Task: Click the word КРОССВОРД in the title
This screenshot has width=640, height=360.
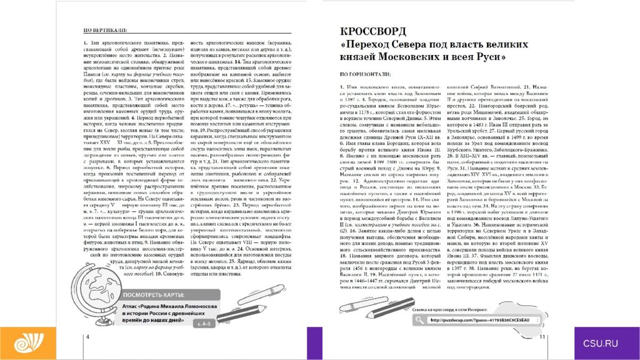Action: [x=372, y=32]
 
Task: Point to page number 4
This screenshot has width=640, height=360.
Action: [x=87, y=337]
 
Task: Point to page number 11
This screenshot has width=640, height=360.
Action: [x=542, y=337]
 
